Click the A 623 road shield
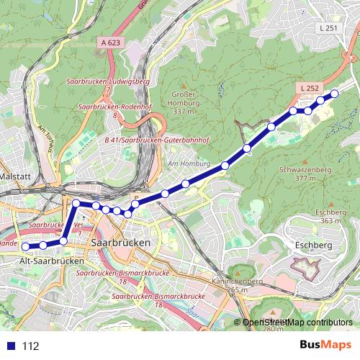click(111, 43)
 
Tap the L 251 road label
click(327, 28)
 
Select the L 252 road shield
click(307, 88)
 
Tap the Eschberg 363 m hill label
click(331, 216)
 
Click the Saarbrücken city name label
click(122, 243)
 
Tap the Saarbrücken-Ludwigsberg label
click(114, 82)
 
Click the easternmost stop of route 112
click(334, 94)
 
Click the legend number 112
click(30, 346)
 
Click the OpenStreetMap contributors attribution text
click(297, 323)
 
